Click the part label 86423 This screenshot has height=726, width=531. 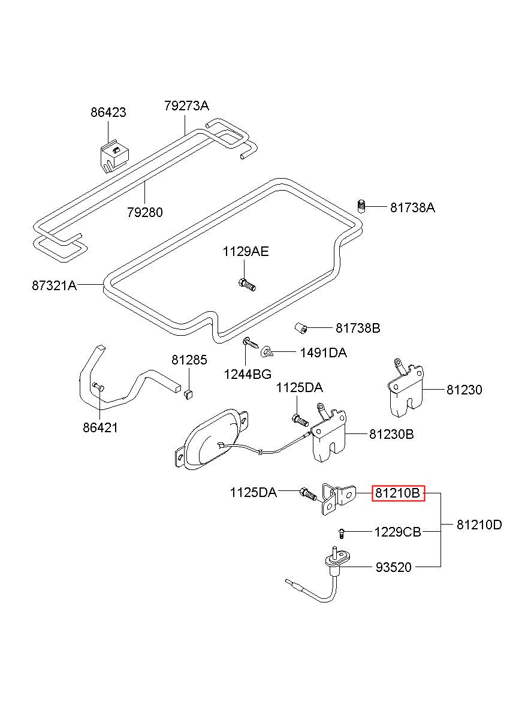pos(108,113)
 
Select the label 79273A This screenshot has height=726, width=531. pos(186,106)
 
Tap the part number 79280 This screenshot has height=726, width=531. pos(145,213)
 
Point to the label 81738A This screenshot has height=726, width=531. pos(412,207)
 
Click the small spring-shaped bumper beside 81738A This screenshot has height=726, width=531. pos(361,206)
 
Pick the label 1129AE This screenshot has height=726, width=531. pos(246,252)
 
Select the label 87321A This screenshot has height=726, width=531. pos(55,285)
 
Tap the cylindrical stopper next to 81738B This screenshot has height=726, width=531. pos(301,328)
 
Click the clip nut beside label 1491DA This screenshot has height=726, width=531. pos(267,352)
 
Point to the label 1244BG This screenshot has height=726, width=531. pos(248,374)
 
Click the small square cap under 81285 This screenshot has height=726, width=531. pos(188,394)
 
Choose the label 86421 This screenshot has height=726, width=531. pos(100,428)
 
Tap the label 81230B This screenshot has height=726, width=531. pos(391,434)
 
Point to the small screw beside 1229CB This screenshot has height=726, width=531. pos(341,534)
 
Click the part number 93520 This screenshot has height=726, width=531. pos(393,567)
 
